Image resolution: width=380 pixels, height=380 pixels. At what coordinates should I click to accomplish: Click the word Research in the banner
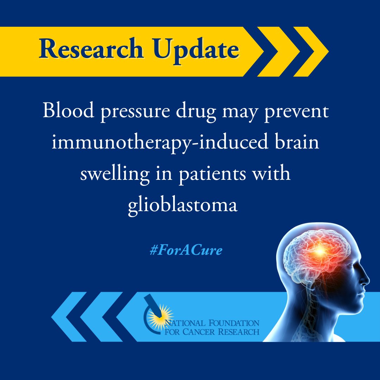click(x=95, y=50)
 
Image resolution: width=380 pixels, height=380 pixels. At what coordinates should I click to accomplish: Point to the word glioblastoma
click(x=182, y=205)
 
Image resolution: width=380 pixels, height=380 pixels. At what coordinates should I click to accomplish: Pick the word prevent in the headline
click(x=297, y=112)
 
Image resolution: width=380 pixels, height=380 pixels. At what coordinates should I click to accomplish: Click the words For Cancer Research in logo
click(x=213, y=331)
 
